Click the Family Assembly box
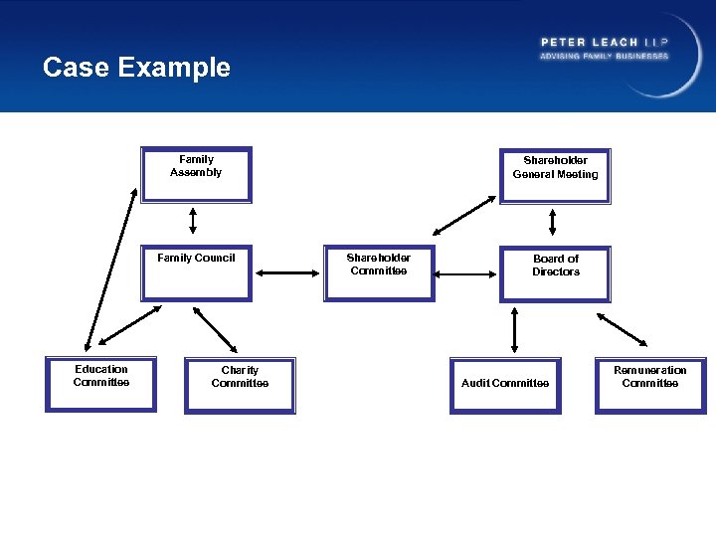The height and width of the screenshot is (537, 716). coord(196,174)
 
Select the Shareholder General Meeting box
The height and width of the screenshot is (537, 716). coord(555,175)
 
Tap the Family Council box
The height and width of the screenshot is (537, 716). coord(196,272)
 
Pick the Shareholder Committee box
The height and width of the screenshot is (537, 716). coord(379,272)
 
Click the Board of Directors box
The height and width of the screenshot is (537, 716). coord(555,273)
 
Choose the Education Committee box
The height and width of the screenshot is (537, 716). coord(100,384)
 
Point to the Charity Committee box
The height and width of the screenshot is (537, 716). coord(240,385)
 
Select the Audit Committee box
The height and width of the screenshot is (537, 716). coord(505,385)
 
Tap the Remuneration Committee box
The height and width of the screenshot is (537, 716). coord(650,384)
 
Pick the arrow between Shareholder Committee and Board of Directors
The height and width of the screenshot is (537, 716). coord(466,273)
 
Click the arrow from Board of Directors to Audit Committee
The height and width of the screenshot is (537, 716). coord(514,330)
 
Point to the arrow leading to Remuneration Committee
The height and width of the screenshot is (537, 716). coord(621,328)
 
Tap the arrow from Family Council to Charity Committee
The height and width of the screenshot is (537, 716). coord(213,328)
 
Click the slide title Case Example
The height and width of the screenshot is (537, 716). coord(136,68)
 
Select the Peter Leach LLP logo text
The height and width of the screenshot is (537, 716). coord(605,42)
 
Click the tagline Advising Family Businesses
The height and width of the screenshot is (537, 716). coord(605,57)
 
